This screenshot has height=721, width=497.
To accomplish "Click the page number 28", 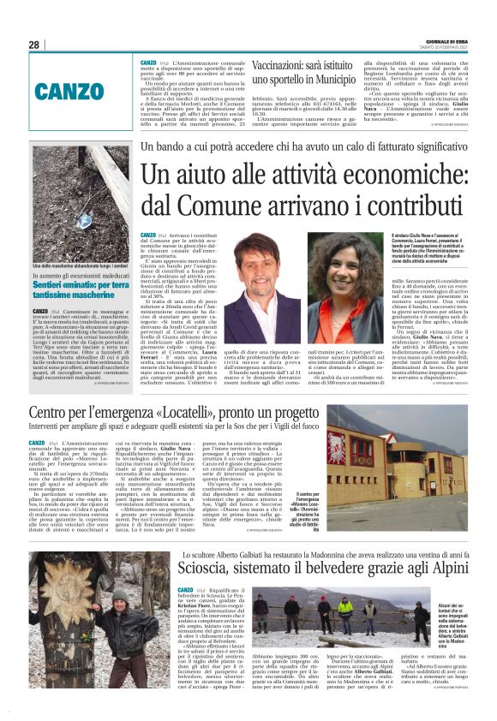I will pos(34,45).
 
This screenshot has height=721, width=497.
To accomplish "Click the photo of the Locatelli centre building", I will pos(407,459).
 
